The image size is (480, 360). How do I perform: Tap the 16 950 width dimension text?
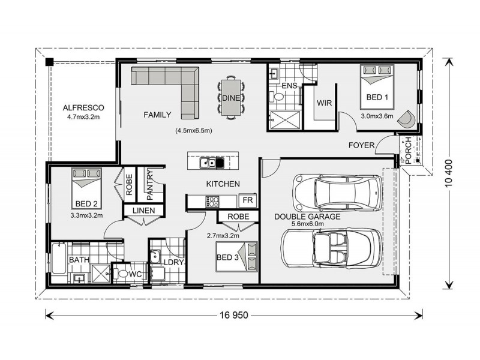click(233, 314)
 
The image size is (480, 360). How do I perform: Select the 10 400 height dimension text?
click(449, 173)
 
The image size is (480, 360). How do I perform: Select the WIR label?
click(324, 103)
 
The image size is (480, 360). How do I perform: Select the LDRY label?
click(175, 262)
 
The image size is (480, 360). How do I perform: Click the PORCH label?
click(407, 150)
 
